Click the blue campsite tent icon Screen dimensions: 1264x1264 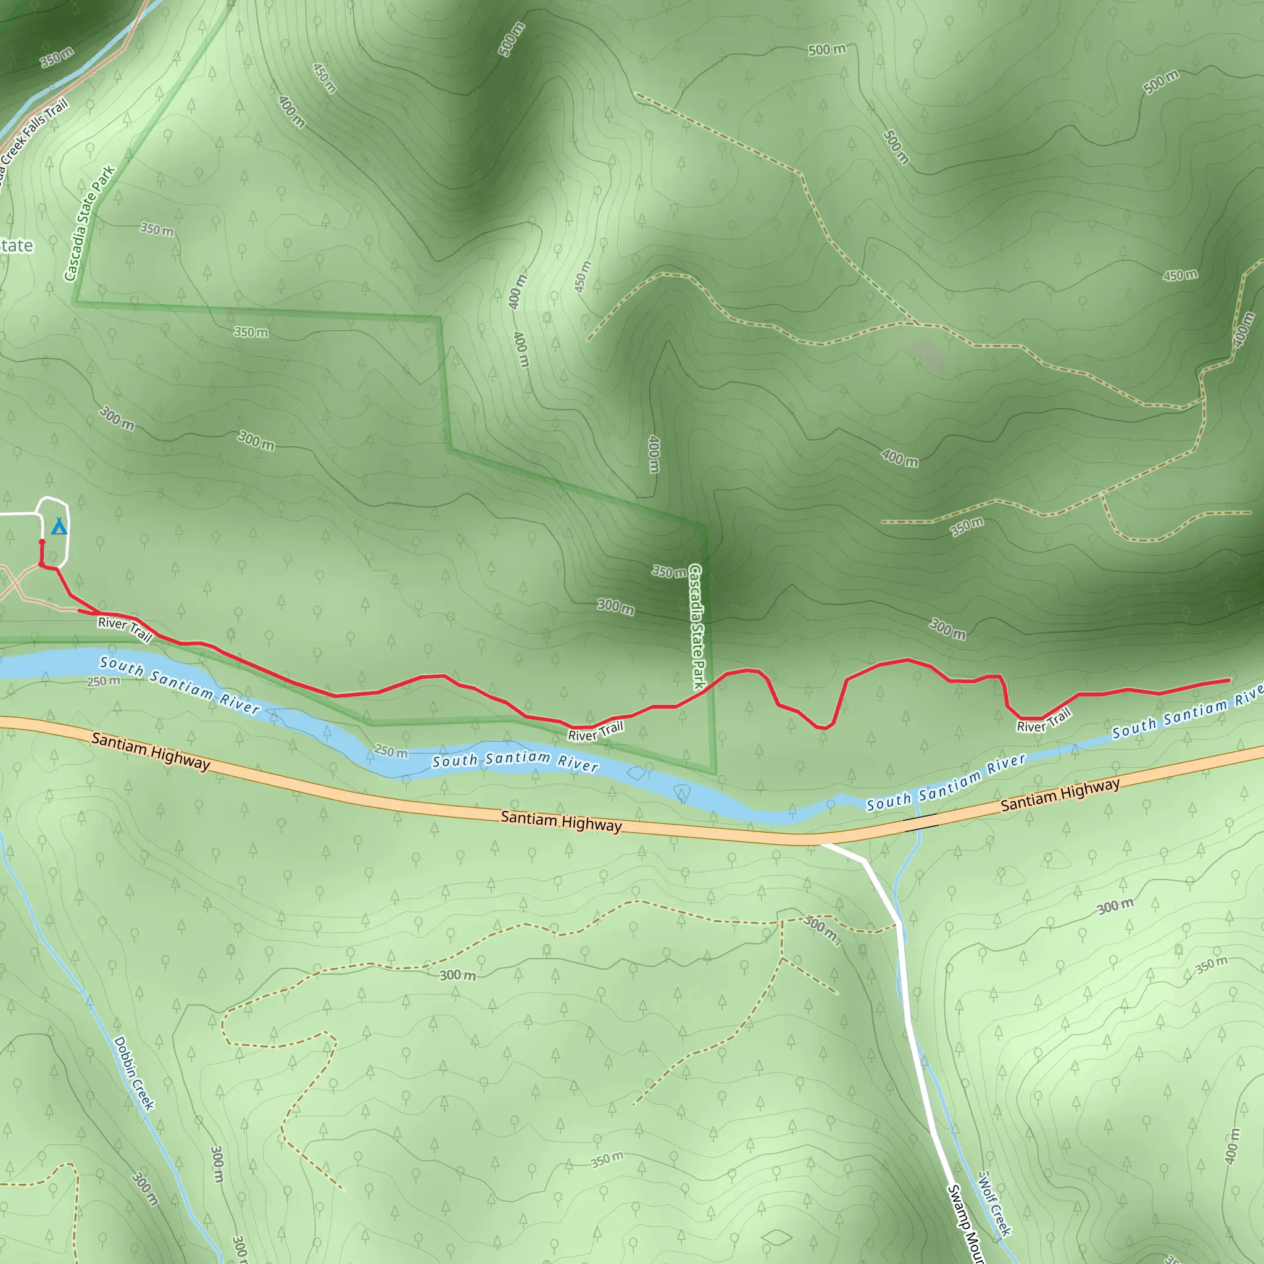click(59, 526)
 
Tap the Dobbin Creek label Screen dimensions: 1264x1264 click(134, 1073)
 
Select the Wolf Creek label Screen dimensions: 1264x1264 click(994, 1203)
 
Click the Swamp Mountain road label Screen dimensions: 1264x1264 click(966, 1223)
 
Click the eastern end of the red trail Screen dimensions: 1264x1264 click(1229, 680)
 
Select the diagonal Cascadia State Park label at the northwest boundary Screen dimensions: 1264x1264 click(89, 223)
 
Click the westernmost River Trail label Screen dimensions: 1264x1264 click(125, 628)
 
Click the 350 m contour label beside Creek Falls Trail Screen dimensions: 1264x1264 click(57, 57)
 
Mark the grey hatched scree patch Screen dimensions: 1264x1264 click(926, 357)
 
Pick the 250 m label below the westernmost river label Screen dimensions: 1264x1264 click(103, 681)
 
